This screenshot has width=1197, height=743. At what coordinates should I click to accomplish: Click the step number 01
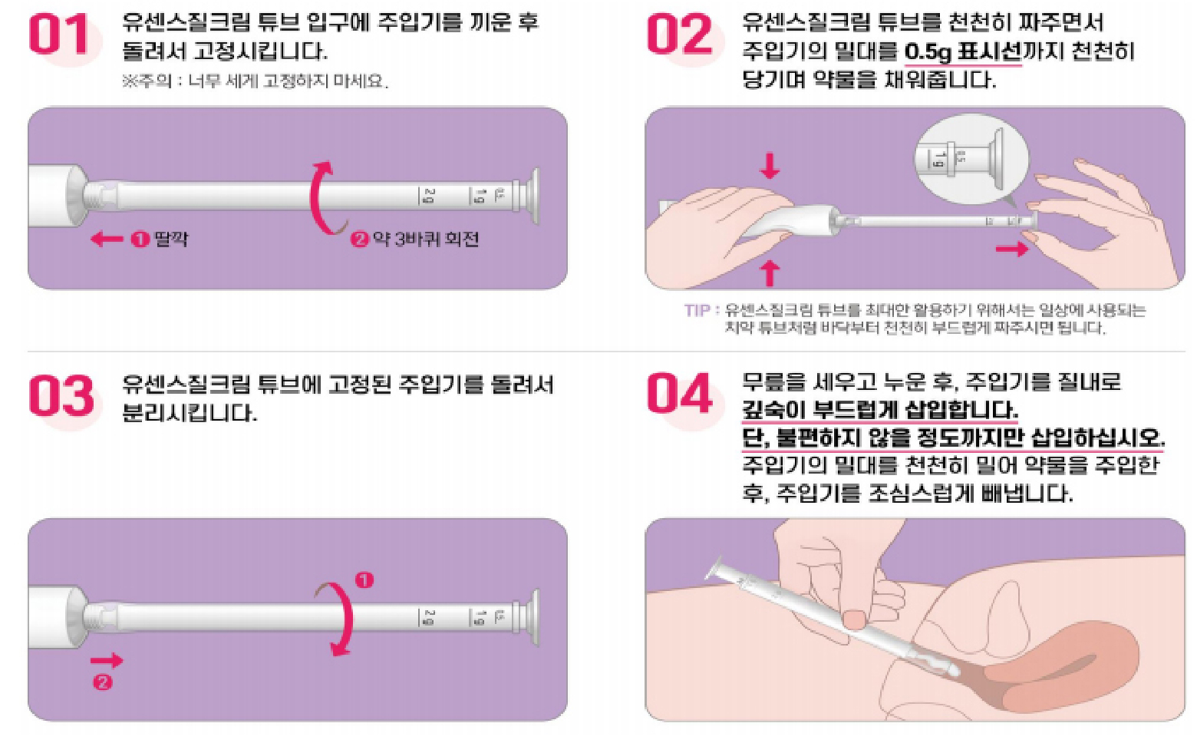[59, 36]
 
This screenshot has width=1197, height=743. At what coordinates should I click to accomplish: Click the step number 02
[679, 36]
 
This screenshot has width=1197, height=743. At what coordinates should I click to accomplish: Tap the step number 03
[61, 396]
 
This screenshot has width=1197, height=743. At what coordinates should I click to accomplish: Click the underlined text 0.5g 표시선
[963, 52]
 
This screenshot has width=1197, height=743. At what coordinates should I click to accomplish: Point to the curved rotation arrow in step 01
[322, 197]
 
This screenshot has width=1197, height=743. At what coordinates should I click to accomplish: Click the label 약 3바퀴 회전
[425, 239]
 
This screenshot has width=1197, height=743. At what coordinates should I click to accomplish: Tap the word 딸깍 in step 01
[170, 239]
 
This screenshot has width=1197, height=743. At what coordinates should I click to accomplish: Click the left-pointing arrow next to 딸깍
[106, 239]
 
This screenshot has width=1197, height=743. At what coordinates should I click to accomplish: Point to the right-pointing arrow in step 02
[1011, 249]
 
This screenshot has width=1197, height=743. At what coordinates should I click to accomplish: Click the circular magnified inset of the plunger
[971, 160]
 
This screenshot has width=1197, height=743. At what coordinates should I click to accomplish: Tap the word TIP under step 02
[697, 310]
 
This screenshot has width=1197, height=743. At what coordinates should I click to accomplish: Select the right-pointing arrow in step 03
[106, 660]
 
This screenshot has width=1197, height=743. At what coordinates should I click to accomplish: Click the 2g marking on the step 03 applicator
[428, 617]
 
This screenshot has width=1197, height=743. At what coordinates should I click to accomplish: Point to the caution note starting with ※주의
[255, 81]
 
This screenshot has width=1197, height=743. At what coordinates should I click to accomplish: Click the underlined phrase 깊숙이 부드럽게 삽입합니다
[879, 410]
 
